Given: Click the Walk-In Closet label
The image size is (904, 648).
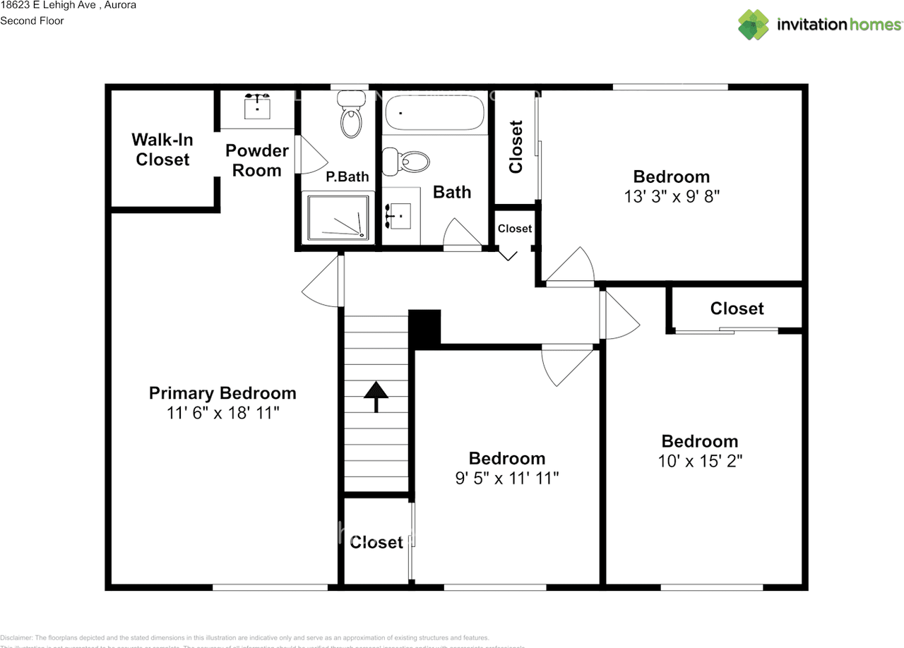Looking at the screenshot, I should pos(162,150).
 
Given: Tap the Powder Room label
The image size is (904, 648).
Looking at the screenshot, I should pos(257,160).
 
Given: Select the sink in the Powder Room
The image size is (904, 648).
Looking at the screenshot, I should pos(257,107).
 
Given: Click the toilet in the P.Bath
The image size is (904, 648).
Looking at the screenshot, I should pos(351,116).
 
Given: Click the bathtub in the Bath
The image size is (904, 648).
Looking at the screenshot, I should pos(434,113).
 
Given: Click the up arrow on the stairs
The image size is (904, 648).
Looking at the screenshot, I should pos(376,397).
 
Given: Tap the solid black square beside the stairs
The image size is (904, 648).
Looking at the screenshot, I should pos(425,328).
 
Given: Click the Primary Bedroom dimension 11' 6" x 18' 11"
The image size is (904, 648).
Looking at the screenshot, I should pos(223,413).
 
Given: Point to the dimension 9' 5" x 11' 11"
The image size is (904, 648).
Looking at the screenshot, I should pos(506,479).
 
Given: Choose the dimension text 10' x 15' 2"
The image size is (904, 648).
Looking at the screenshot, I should pos(699,461).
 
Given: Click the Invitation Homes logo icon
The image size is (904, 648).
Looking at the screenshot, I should pos(754,25).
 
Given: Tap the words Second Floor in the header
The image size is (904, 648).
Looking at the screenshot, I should pos(32,20).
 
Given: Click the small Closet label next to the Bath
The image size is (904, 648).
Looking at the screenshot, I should pos(514,228).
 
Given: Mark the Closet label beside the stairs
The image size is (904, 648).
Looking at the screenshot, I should pos(376,542).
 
